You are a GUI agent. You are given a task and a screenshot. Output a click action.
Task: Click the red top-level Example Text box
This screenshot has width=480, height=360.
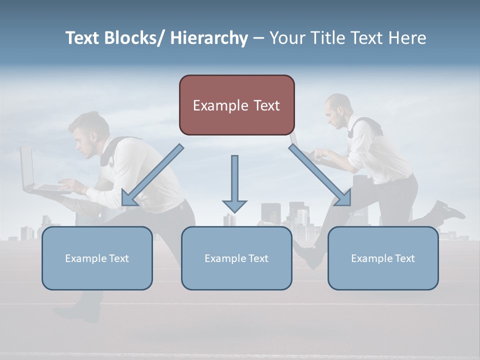(x=236, y=105)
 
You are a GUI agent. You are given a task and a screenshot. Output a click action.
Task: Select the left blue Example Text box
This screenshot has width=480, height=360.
(x=97, y=258)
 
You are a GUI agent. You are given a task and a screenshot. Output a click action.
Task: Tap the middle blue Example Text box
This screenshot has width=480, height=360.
(x=236, y=258)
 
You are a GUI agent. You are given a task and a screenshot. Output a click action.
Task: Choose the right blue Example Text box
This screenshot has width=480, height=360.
(x=383, y=258)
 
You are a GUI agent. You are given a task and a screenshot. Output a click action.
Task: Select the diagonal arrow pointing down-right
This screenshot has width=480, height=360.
(x=320, y=175)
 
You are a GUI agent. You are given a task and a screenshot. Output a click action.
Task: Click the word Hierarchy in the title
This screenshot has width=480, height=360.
(x=209, y=38)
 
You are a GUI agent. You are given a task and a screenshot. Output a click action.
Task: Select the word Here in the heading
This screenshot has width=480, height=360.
(x=407, y=38)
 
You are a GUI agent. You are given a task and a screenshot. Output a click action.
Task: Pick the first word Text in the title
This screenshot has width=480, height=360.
(x=82, y=38)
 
